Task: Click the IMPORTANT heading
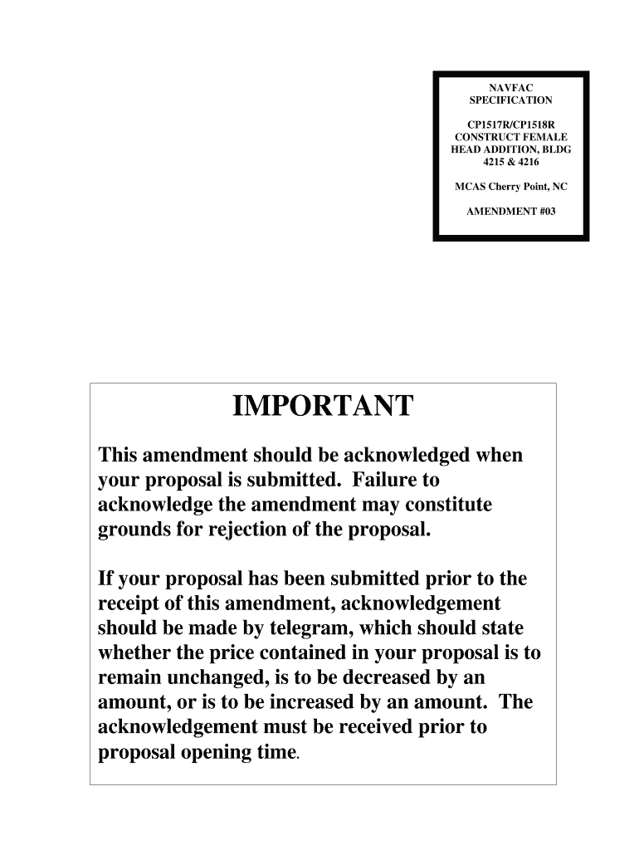[x=323, y=408]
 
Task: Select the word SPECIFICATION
[x=510, y=100]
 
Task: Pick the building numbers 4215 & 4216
[x=510, y=162]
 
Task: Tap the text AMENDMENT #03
[x=510, y=211]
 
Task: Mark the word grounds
[x=132, y=530]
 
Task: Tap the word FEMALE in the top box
[x=544, y=136]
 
